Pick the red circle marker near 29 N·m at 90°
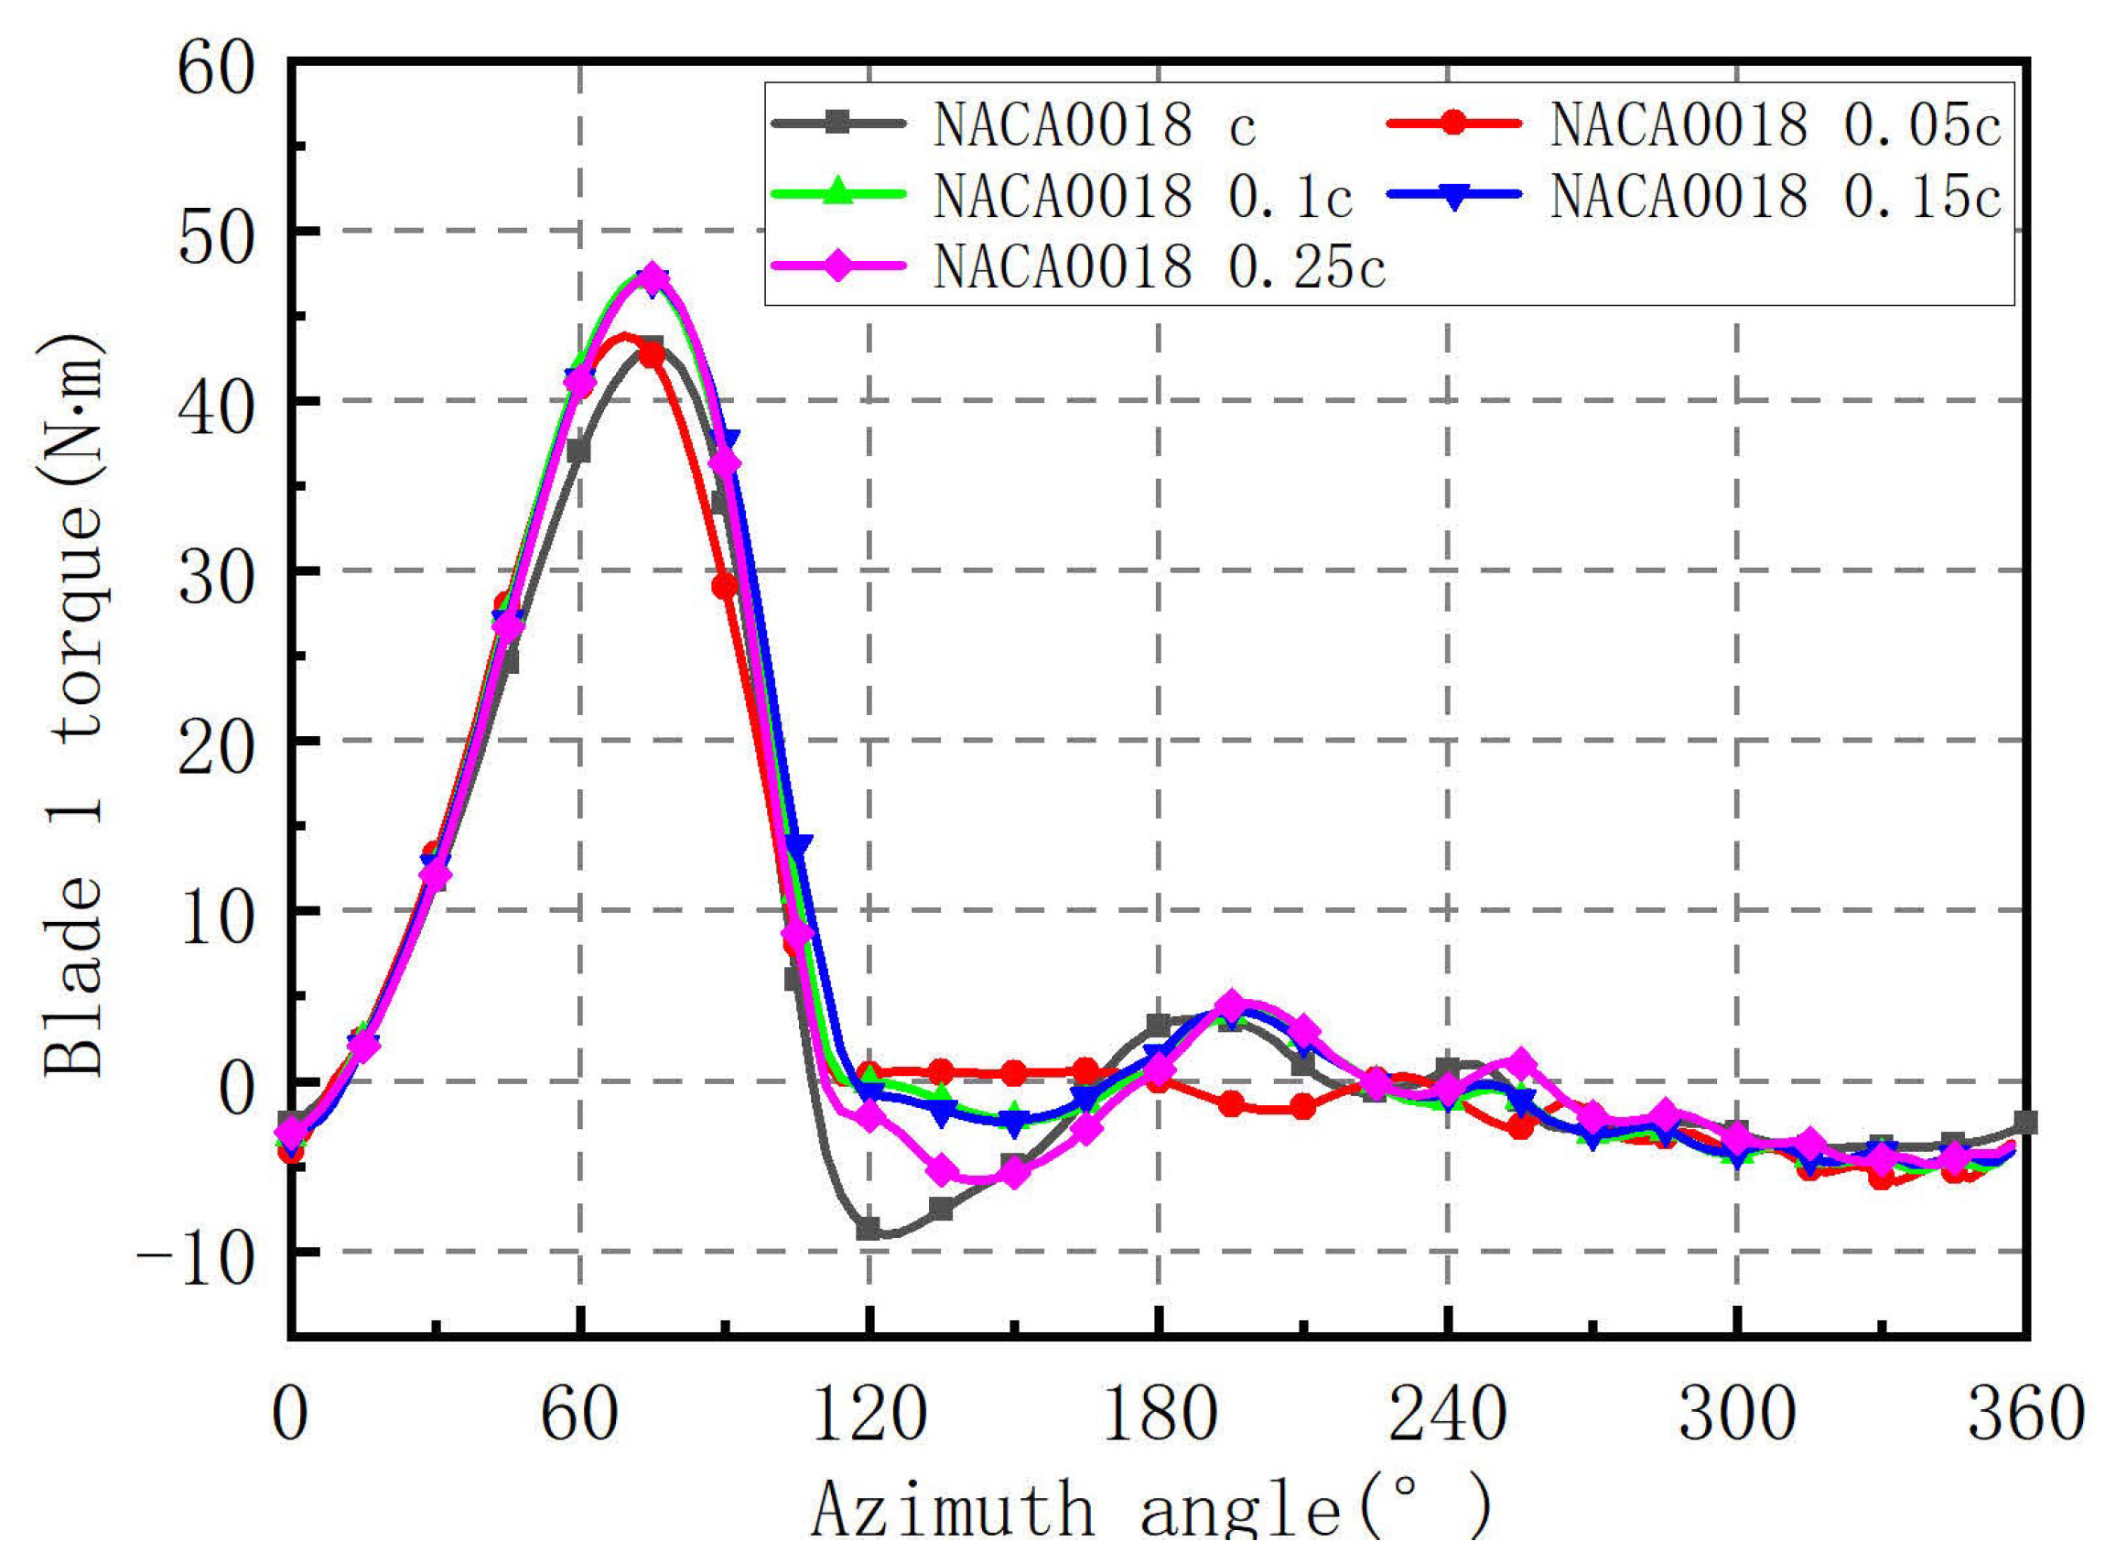pyautogui.click(x=724, y=587)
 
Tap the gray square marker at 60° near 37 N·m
pyautogui.click(x=578, y=452)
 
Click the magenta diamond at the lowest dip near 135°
pyautogui.click(x=941, y=1171)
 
